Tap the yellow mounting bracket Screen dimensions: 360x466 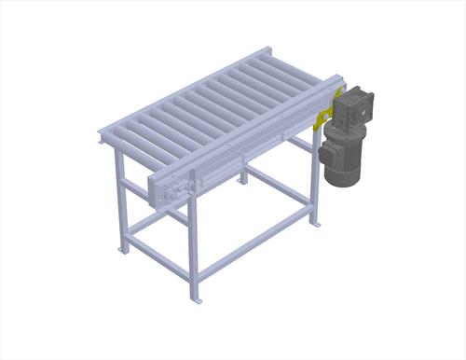click(322, 119)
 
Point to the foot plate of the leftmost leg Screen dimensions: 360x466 click(121, 250)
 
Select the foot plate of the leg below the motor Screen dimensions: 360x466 click(316, 224)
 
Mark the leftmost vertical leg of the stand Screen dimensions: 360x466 click(120, 201)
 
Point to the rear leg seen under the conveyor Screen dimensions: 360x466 click(244, 168)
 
